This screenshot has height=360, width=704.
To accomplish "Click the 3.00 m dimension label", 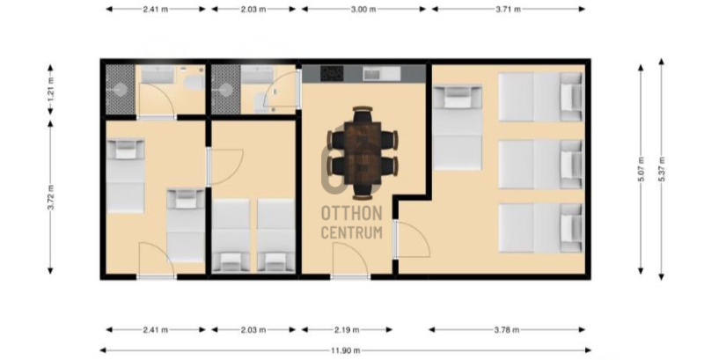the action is coord(363,9).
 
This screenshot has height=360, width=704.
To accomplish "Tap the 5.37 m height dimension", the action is coord(661,169).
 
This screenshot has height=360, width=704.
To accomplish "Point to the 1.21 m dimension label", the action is coord(50,89).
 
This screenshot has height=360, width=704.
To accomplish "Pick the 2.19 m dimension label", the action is coord(347,330).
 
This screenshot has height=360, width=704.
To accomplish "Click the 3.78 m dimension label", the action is coord(507,330).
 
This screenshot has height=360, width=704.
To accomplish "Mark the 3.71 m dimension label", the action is coord(509,9).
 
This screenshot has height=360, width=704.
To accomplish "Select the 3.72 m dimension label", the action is coord(50,197).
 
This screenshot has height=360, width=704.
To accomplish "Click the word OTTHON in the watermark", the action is coord(352,214).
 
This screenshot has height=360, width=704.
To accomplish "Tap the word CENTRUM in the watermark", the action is coord(352,232).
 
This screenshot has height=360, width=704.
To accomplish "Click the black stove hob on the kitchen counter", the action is coord(332,74).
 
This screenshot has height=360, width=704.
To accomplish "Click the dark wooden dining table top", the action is coord(363,153).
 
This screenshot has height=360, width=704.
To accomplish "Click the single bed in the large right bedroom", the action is coord(458,128).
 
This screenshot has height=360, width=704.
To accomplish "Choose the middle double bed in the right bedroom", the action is coord(541,165).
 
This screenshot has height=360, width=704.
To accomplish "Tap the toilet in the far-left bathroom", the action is coord(195,83).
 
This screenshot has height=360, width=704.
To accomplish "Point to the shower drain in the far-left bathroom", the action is coord(121,90).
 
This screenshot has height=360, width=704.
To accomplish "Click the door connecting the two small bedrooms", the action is coord(224,167).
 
